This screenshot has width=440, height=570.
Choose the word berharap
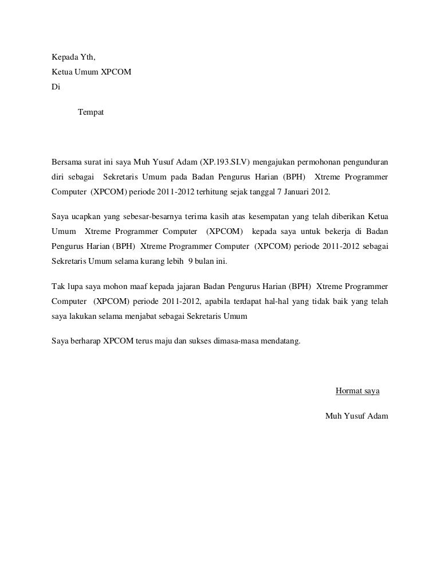(80, 341)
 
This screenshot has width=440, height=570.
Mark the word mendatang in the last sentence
(280, 341)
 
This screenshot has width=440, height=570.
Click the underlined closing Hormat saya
(357, 392)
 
